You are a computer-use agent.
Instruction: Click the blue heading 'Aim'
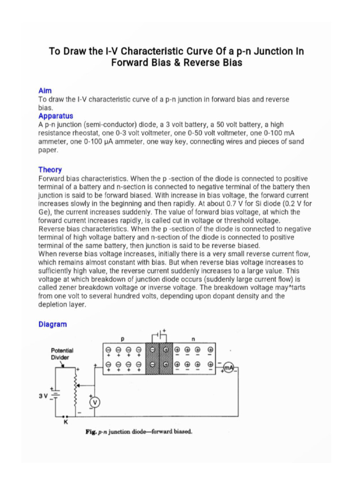[45, 90]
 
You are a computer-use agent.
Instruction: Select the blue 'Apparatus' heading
[55, 116]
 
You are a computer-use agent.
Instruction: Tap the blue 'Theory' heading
[50, 170]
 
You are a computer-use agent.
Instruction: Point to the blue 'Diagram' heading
[52, 324]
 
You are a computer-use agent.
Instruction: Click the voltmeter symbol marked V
[94, 402]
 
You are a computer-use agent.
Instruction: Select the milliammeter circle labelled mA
[229, 368]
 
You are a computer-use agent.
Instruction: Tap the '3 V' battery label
[44, 395]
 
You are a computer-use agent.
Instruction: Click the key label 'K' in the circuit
[66, 423]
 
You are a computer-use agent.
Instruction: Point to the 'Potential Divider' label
[62, 354]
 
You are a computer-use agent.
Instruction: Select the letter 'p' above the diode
[122, 339]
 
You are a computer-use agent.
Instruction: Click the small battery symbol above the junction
[159, 336]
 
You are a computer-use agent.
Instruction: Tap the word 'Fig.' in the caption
[91, 432]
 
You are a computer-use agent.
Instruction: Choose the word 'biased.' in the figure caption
[182, 432]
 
